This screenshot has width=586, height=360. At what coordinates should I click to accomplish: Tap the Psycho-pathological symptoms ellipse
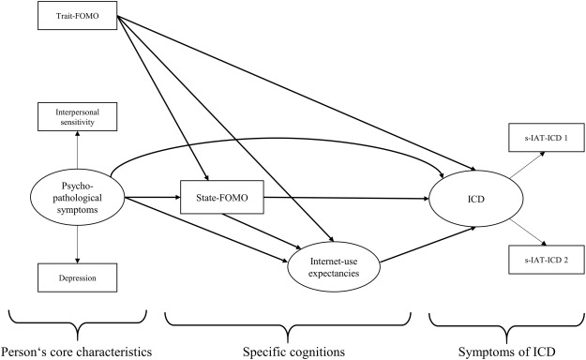(78, 198)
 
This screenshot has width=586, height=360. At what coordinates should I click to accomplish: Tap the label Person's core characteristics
(76, 350)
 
